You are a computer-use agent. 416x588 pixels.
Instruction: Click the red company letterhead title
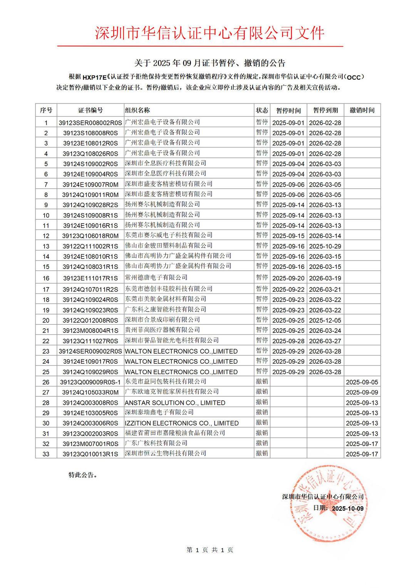tap(210, 33)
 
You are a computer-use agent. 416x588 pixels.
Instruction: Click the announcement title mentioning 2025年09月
tap(210, 63)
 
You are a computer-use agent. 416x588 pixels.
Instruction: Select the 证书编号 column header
tap(91, 110)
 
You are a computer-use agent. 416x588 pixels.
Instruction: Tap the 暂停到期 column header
tap(325, 110)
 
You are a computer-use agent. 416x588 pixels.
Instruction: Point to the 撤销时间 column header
tap(362, 110)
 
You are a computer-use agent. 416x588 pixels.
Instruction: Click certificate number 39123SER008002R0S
tap(91, 123)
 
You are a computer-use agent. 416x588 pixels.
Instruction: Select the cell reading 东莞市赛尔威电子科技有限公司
tap(169, 235)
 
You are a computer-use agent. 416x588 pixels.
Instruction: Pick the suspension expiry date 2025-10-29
tap(325, 246)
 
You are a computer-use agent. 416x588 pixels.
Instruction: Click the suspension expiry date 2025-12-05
tap(325, 320)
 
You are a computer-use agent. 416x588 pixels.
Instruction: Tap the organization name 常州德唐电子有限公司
tap(156, 277)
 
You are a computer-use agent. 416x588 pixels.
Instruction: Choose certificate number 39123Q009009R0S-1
tap(91, 382)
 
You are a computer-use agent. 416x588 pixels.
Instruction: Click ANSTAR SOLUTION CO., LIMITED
tap(175, 403)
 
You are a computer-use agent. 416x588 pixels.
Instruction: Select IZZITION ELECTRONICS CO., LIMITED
tap(181, 423)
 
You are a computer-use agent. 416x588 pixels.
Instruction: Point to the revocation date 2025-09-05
tap(362, 382)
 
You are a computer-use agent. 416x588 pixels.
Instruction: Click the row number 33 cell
tap(46, 454)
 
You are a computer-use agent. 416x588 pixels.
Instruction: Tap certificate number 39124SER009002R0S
tap(91, 351)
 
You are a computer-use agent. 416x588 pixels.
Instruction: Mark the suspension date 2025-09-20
tap(288, 278)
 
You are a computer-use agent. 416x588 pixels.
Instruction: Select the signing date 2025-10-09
tap(348, 508)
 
